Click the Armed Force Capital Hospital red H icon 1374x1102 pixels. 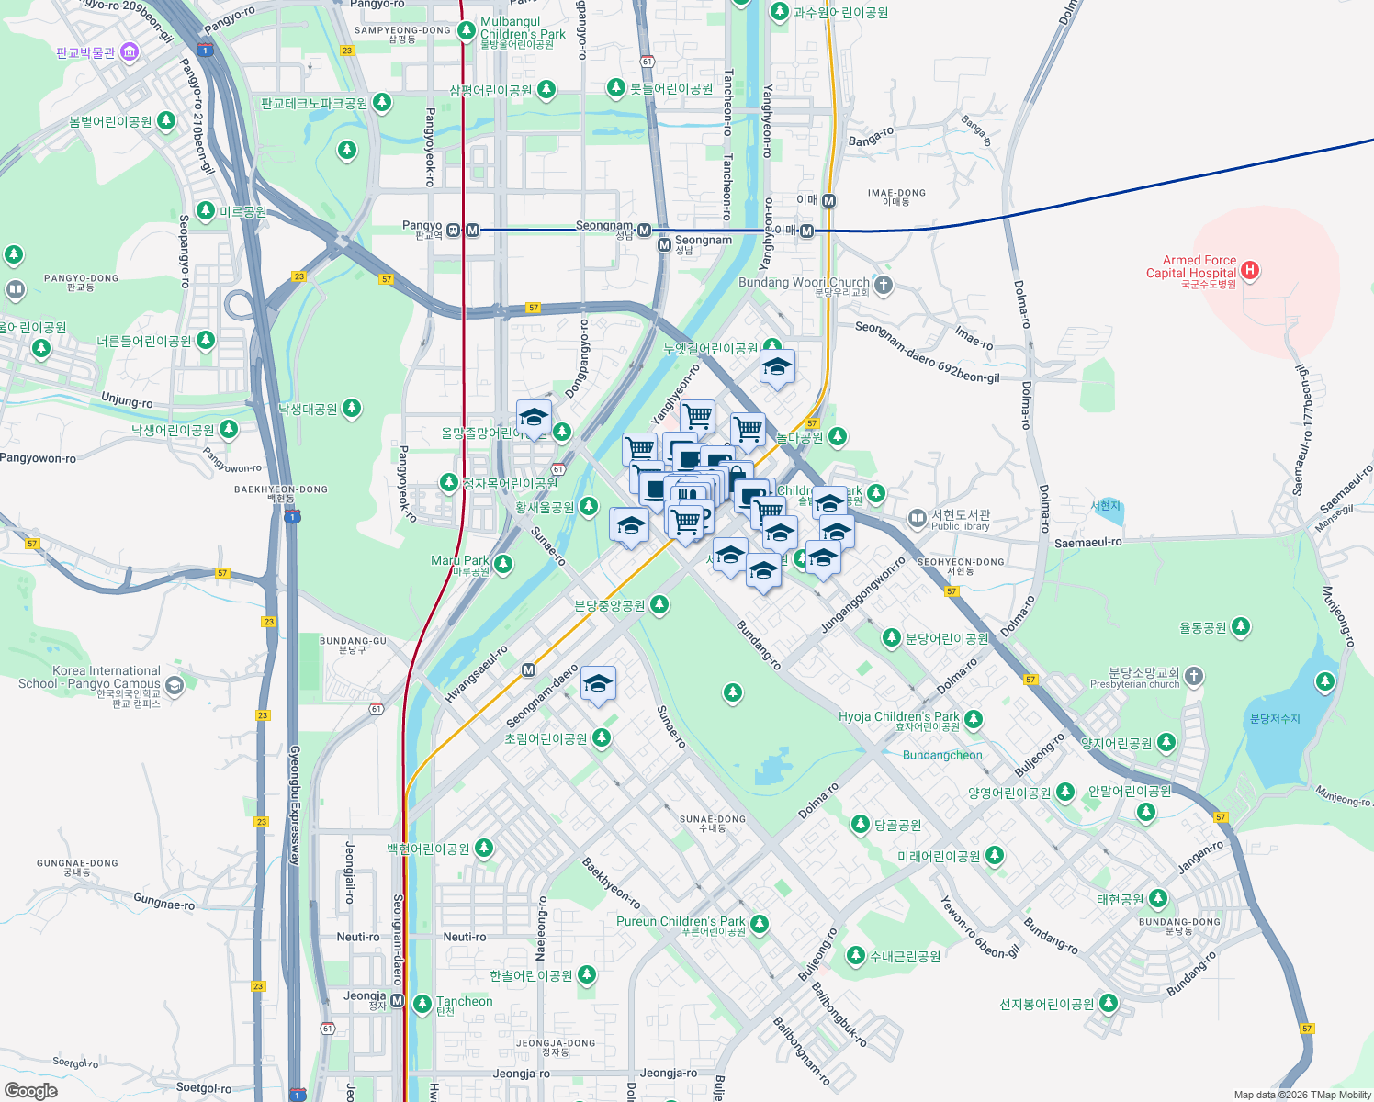click(x=1249, y=270)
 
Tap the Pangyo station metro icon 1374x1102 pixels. click(x=472, y=230)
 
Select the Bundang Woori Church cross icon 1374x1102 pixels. click(x=883, y=285)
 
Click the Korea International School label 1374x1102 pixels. click(x=90, y=678)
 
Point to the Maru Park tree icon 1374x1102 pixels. click(x=502, y=563)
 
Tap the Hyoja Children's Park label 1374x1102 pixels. click(x=898, y=716)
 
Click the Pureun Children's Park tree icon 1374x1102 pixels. click(x=759, y=924)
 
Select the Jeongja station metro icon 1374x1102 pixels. click(x=397, y=1000)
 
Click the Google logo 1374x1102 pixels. click(x=31, y=1091)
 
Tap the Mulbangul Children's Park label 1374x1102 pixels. click(x=523, y=28)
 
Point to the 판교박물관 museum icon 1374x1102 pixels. click(x=130, y=51)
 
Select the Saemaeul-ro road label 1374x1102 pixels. click(x=1087, y=543)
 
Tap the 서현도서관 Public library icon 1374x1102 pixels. click(x=917, y=518)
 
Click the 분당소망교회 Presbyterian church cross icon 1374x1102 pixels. click(x=1193, y=677)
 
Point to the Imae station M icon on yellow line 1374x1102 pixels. click(x=828, y=200)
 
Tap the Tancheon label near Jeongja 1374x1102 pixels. click(x=464, y=1001)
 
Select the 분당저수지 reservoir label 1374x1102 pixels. click(x=1275, y=718)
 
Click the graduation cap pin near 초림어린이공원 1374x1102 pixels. click(x=598, y=684)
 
